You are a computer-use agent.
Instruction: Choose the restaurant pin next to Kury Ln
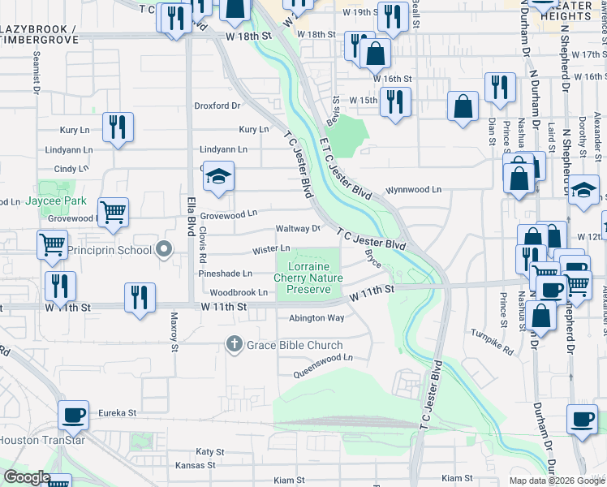(x=118, y=127)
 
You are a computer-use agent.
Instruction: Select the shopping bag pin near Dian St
(x=463, y=107)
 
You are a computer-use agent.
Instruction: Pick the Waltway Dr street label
(x=299, y=229)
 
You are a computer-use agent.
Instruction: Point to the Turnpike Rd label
(x=493, y=331)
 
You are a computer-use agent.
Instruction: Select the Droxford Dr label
(x=217, y=106)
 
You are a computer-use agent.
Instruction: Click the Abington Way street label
(x=316, y=318)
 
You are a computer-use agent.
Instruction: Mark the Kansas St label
(x=195, y=466)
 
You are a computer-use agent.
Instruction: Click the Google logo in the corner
(x=27, y=477)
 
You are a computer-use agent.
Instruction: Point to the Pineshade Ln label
(x=226, y=274)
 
